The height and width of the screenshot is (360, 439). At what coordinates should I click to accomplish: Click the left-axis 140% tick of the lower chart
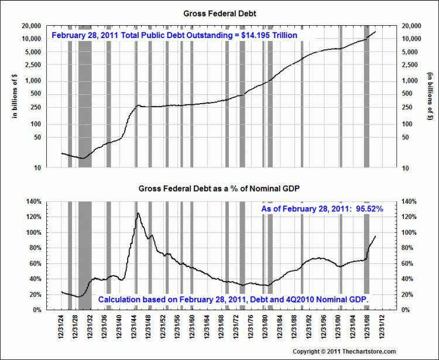click(x=32, y=201)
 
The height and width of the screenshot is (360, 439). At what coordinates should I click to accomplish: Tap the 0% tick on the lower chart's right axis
click(x=404, y=310)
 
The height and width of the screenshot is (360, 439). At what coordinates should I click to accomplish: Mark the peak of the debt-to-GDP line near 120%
click(x=138, y=213)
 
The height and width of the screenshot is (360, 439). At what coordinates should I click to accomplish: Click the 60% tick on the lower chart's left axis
click(x=34, y=263)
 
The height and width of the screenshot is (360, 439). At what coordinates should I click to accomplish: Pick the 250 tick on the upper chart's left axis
click(x=35, y=107)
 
